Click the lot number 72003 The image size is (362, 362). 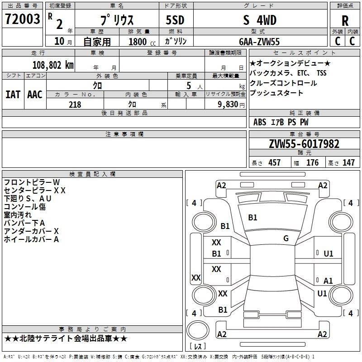click(23, 19)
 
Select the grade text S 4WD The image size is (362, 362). click(260, 20)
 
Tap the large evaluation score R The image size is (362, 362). click(345, 21)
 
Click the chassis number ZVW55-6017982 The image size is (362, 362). click(304, 144)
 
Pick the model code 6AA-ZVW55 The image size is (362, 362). click(259, 42)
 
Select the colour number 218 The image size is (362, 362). click(75, 105)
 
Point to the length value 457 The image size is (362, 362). click(274, 163)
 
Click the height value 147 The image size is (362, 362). click(348, 163)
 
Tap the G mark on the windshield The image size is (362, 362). click(286, 238)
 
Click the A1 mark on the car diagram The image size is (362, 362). click(328, 281)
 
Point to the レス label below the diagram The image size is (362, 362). click(197, 347)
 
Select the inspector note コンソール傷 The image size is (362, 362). click(25, 207)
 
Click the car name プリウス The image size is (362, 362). click(116, 20)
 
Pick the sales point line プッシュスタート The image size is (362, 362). click(276, 93)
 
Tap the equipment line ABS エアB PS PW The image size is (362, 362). click(281, 122)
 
